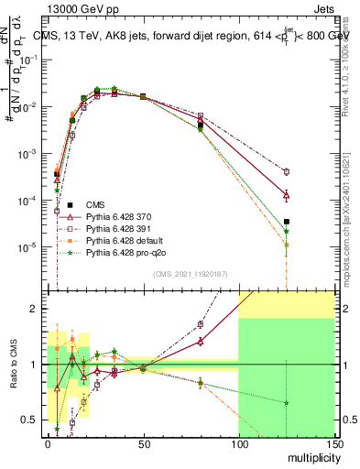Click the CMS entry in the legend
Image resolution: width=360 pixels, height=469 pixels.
pyautogui.click(x=95, y=204)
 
